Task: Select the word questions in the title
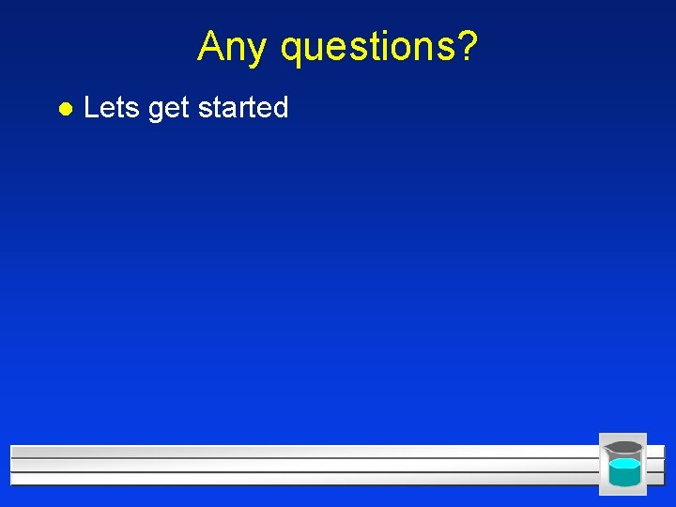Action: point(368,46)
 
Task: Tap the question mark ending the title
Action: point(468,44)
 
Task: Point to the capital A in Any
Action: point(209,44)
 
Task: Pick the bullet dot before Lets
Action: point(63,109)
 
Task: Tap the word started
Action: point(243,108)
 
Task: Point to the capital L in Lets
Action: point(90,108)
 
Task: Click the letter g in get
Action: point(156,111)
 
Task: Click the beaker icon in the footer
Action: point(623,464)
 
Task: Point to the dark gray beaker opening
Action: point(624,448)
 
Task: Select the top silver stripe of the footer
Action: point(300,452)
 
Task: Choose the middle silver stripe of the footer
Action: point(300,465)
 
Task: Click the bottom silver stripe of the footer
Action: point(300,479)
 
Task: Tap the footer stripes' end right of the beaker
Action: point(656,465)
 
